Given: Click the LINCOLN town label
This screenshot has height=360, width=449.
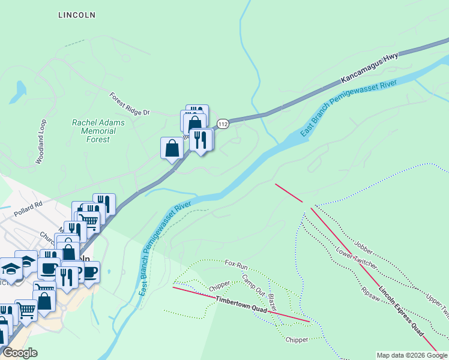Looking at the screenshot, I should pos(77,15).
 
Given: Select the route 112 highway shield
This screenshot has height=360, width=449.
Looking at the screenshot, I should pos(223,124).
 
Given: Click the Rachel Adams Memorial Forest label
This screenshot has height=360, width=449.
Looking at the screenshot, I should pos(98,131).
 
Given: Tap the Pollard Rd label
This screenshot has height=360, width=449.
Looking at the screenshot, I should pos(30,204).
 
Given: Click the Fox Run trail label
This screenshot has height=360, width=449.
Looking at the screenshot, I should pos(236,263).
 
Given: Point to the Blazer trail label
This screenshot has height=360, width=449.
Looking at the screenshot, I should pos(272,302).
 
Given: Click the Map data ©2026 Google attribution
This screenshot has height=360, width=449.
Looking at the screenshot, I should pos(412,355).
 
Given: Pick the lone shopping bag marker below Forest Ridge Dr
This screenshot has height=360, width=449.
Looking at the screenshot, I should pos(172,148).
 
